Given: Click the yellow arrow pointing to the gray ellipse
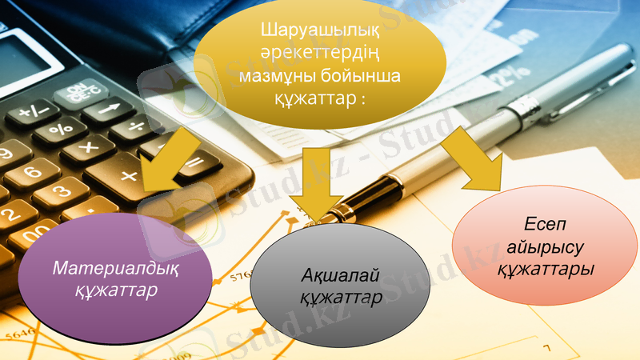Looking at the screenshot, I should click(314, 186).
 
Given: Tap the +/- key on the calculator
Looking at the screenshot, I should click(33, 113).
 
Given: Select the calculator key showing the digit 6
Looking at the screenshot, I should click(31, 172).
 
